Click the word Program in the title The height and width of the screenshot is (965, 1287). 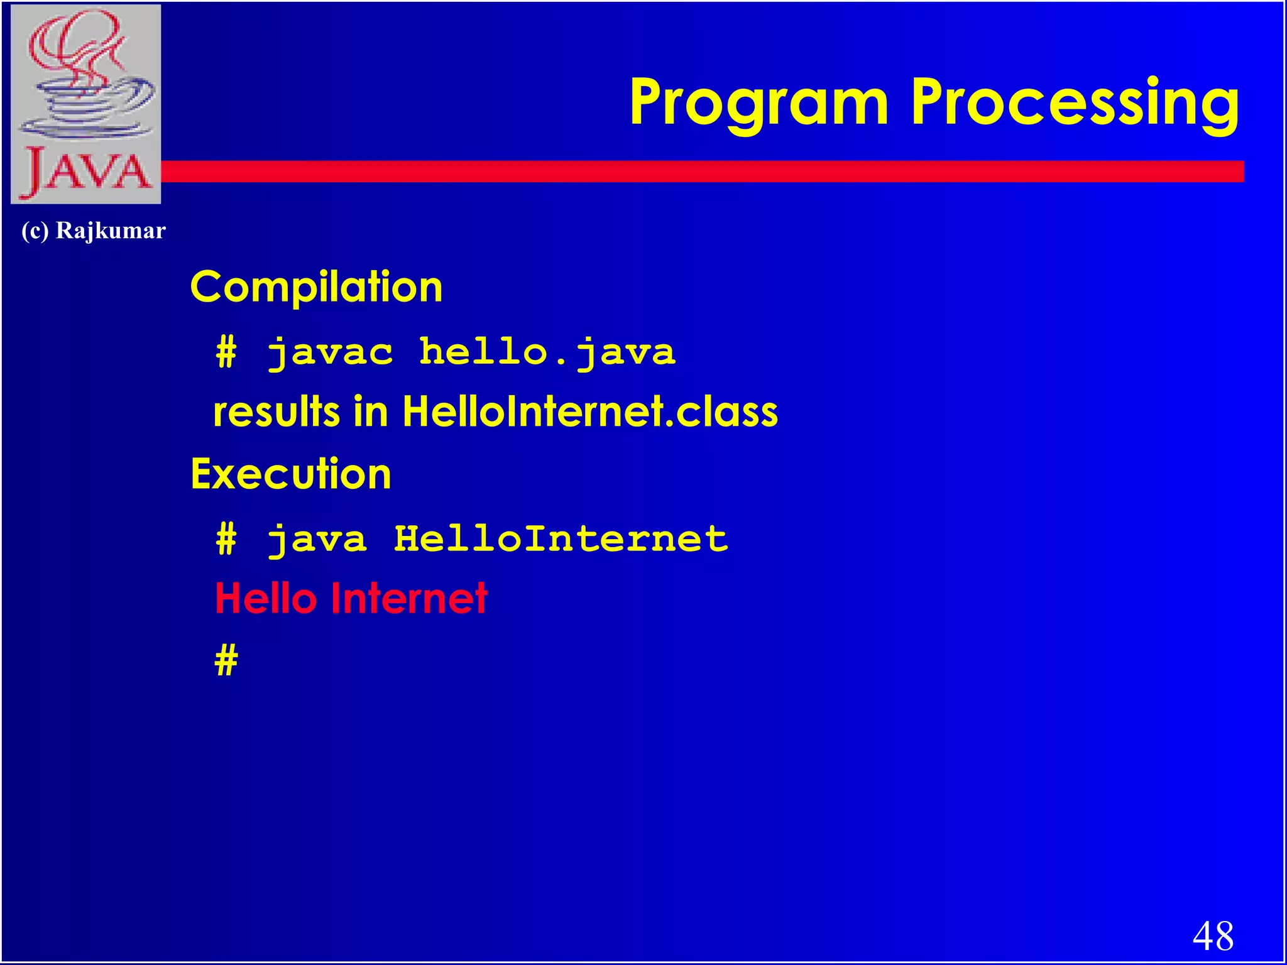coord(759,102)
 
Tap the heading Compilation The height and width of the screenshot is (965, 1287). coord(316,287)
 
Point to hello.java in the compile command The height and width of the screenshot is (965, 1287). coord(547,352)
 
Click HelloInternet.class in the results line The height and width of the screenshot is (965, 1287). coord(589,412)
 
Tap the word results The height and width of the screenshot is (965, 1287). coord(277,412)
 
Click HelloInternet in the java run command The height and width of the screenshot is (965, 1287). coord(561,539)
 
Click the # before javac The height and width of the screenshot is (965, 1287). coord(226,352)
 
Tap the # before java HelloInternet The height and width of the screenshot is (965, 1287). coord(226,539)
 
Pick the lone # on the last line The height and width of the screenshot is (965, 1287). coord(226,660)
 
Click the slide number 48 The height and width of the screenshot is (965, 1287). coord(1212,935)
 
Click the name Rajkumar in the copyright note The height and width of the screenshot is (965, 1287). coord(111,231)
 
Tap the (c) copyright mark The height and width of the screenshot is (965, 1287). coord(35,231)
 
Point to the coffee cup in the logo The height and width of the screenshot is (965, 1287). coord(88,101)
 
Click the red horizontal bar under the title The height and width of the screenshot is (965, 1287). coord(691,172)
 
